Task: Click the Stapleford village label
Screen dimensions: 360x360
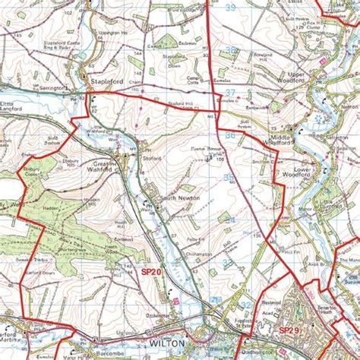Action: pos(107,80)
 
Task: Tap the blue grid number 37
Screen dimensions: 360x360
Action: pos(229,92)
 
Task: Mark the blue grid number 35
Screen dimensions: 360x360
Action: pos(229,176)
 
